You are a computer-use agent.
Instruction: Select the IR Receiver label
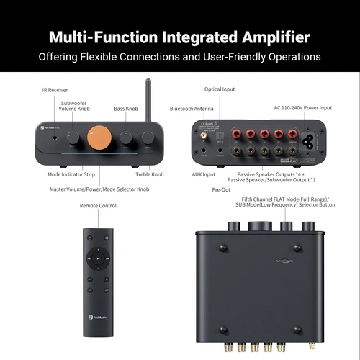tap(55, 91)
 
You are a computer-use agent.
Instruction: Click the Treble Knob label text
tap(150, 174)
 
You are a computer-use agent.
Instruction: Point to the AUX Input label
tap(204, 174)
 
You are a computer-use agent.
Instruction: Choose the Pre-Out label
tap(220, 192)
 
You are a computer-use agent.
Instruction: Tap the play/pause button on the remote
tap(99, 256)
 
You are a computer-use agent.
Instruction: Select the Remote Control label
tap(98, 206)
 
